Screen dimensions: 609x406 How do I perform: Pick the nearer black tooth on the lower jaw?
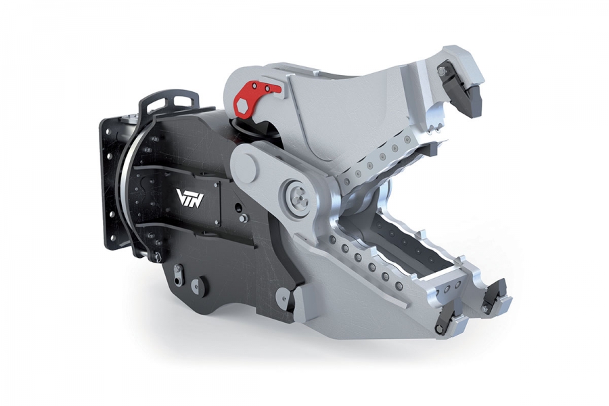[449, 319]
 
